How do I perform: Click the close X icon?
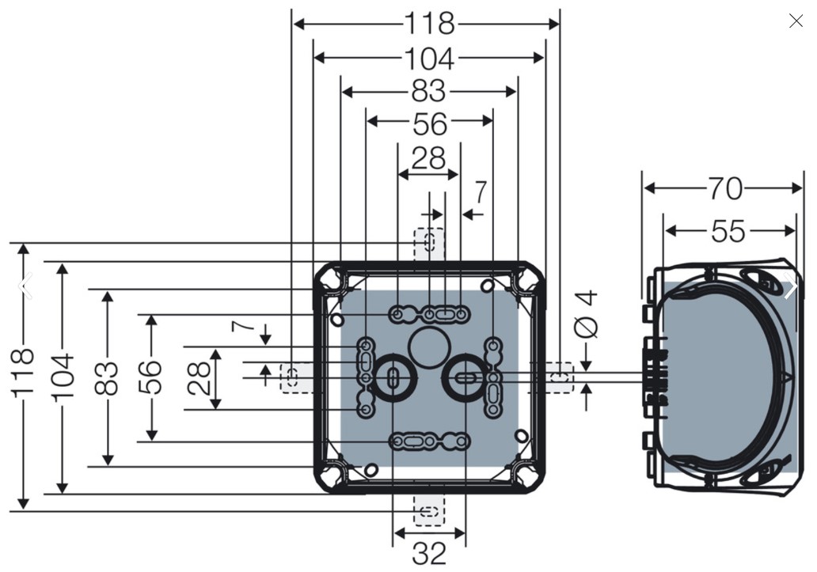(796, 21)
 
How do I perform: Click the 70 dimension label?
(725, 188)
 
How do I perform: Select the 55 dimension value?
(728, 231)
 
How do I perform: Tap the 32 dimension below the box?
(429, 553)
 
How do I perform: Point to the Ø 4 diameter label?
(586, 314)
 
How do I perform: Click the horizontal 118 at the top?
(430, 24)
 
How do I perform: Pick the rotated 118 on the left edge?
(22, 373)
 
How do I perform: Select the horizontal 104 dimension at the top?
(429, 59)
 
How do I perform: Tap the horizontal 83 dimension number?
(429, 92)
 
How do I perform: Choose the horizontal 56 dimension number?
(430, 124)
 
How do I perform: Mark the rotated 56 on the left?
(150, 377)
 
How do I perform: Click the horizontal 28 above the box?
(428, 157)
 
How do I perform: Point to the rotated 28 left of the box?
(199, 378)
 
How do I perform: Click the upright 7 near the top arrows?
(480, 192)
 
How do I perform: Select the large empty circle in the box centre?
(429, 348)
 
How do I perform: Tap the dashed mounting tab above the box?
(429, 244)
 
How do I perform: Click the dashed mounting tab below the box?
(429, 509)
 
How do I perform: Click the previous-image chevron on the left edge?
(25, 286)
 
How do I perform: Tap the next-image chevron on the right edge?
(792, 286)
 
